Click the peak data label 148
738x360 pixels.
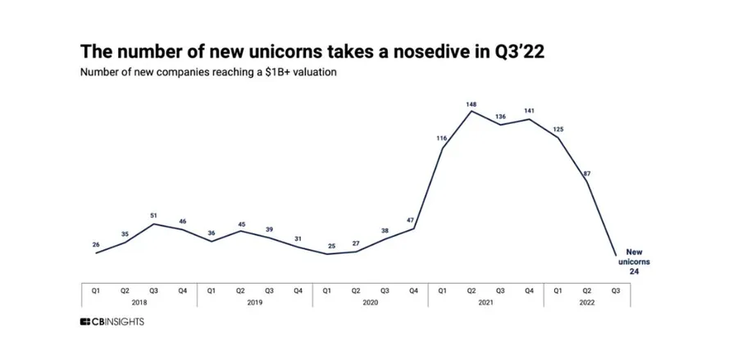[x=471, y=104]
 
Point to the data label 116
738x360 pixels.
[x=442, y=139]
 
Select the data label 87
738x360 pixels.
[x=587, y=173]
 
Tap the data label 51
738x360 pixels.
[x=153, y=215]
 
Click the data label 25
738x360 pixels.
[x=326, y=245]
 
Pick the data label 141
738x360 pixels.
[x=529, y=111]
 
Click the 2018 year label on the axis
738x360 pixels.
[x=139, y=302]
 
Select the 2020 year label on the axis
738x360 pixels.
[x=370, y=302]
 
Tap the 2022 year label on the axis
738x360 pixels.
[x=587, y=302]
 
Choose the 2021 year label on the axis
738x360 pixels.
[x=485, y=302]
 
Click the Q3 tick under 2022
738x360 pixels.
[x=616, y=289]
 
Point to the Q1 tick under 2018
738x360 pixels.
[x=96, y=289]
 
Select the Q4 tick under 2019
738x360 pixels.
[x=298, y=289]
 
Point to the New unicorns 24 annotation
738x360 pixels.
[x=634, y=261]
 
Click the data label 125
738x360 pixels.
[x=558, y=129]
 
